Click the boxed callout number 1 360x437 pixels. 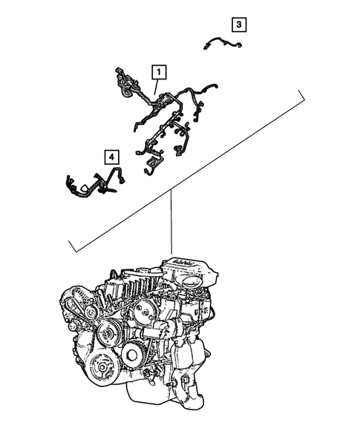pos(159,72)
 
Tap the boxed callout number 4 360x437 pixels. pos(110,157)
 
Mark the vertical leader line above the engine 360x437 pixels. pos(171,223)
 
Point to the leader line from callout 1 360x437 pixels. pos(156,86)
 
